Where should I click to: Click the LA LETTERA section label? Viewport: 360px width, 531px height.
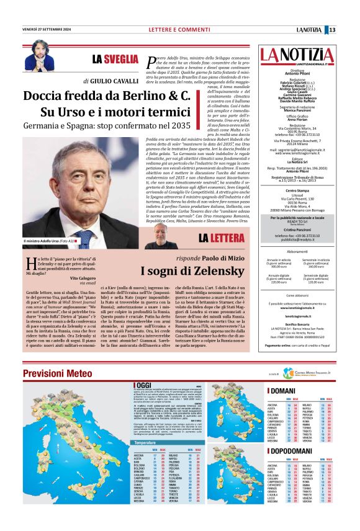221,238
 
